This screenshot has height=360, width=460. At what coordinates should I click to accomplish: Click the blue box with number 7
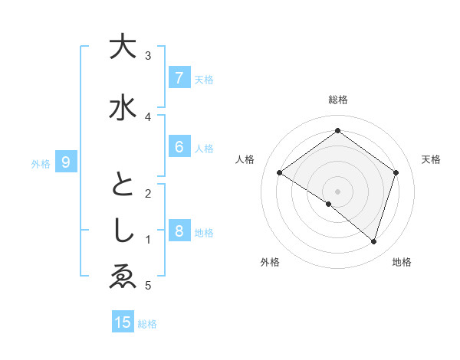(x=179, y=77)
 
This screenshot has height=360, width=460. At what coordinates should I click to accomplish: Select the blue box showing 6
(x=179, y=147)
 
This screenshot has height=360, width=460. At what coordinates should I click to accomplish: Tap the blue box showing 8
(x=179, y=231)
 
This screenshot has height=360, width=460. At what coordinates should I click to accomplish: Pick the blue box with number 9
(x=66, y=162)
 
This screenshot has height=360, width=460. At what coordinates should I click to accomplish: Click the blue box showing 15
(x=123, y=322)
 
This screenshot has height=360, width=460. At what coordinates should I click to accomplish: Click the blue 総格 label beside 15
(x=147, y=324)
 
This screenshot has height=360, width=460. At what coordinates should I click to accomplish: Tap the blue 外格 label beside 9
(x=41, y=163)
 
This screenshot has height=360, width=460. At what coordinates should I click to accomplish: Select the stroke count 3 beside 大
(x=148, y=55)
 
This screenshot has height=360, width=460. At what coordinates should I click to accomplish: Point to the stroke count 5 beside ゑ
(x=148, y=286)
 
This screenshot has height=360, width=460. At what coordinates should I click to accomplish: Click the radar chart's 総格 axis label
(x=337, y=100)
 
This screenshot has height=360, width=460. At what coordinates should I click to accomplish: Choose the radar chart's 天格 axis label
(x=431, y=159)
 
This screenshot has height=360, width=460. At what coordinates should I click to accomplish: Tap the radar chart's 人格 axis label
(x=245, y=159)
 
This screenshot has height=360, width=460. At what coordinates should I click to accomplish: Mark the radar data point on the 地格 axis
(x=374, y=241)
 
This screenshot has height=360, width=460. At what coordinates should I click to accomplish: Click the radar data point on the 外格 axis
(x=329, y=204)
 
